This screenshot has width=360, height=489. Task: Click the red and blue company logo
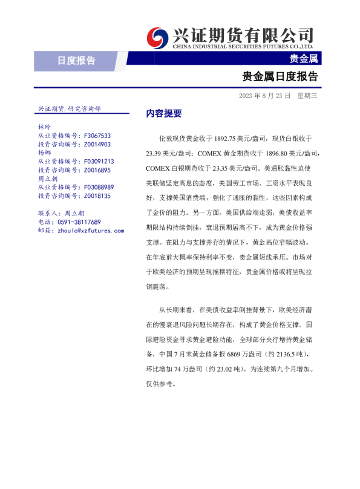click(158, 38)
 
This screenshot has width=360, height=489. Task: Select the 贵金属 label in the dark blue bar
click(304, 59)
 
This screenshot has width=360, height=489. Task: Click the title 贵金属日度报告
click(280, 77)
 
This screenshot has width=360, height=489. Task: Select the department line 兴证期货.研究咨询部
click(69, 108)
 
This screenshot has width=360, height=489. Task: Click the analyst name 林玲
click(44, 128)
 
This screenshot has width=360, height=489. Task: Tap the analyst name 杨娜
click(44, 153)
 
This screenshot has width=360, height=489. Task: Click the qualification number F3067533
click(97, 136)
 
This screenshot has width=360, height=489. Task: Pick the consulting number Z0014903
click(97, 145)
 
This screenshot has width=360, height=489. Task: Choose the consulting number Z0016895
click(97, 171)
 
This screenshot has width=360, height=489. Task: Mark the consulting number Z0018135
click(97, 196)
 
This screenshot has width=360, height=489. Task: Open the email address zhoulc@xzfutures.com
click(90, 231)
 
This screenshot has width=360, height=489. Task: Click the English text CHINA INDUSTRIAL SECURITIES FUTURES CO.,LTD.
click(243, 46)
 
